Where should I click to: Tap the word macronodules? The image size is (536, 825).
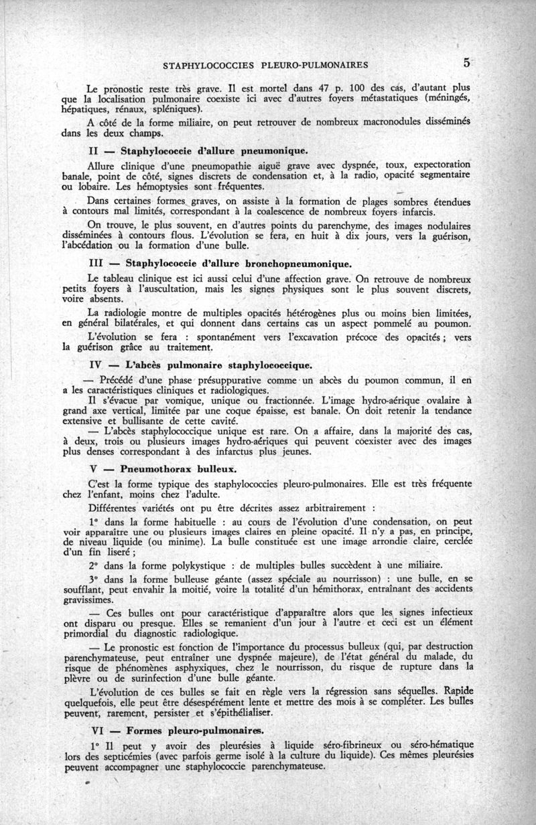click(354, 122)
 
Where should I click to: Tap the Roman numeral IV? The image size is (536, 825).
click(95, 365)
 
